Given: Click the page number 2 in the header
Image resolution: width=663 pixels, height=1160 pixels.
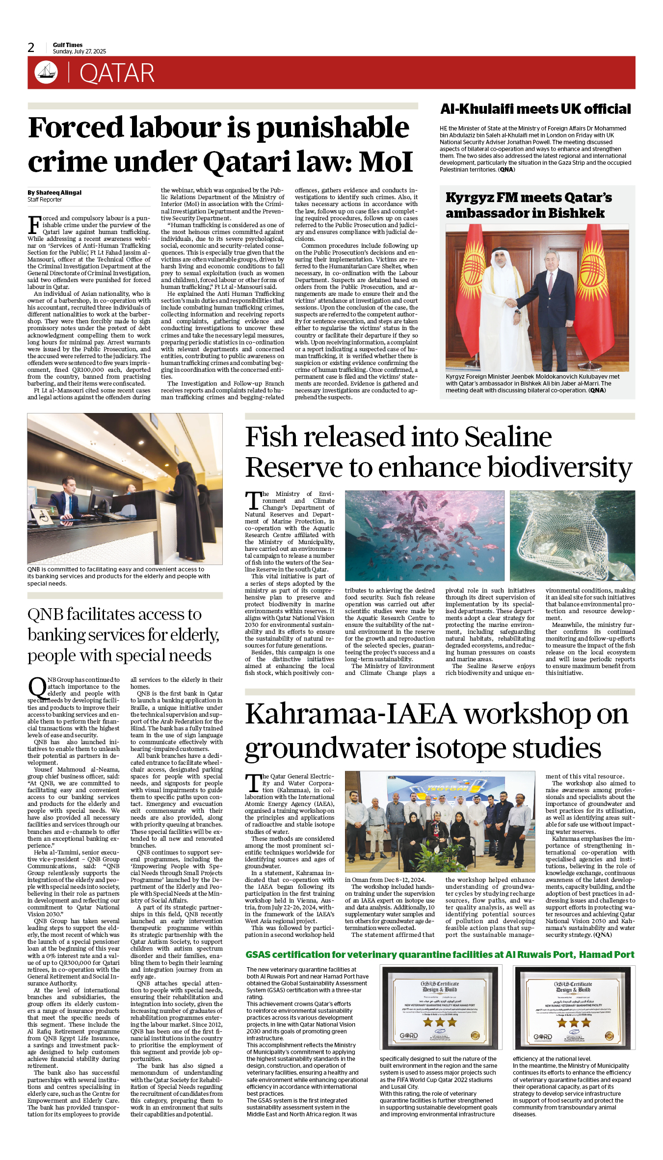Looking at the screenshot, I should (x=31, y=48).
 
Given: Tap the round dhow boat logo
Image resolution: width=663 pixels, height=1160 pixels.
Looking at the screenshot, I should (x=46, y=72).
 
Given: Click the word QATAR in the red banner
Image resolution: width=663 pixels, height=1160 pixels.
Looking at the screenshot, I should (x=117, y=73).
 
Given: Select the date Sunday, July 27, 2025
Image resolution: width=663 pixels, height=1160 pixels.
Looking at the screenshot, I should (x=80, y=52).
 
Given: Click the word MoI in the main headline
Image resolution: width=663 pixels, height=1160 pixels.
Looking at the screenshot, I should (x=386, y=162).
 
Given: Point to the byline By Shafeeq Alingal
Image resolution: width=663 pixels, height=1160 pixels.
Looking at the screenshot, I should (x=54, y=193).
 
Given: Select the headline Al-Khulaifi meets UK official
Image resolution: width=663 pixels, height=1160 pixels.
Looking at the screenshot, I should (x=535, y=109).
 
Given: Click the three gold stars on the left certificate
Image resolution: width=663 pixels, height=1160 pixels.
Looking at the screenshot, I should (x=440, y=1022).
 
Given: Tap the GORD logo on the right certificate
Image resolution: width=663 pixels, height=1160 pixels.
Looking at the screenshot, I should (x=542, y=1037).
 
